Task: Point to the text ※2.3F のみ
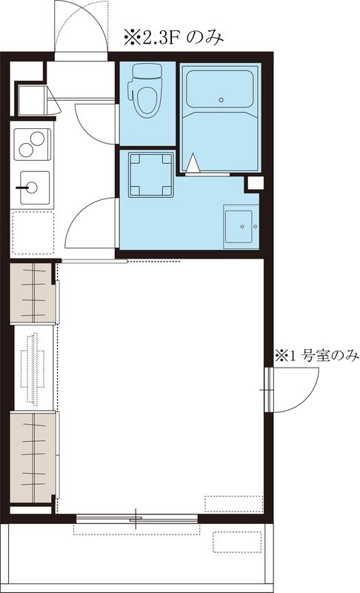pos(173,36)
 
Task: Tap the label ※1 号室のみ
pos(316,357)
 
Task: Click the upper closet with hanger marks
pos(33,293)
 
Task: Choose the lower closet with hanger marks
pos(33,458)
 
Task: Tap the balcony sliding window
pos(137,519)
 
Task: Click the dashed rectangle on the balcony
pos(236,541)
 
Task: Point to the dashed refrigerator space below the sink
pos(33,232)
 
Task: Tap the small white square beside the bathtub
pos(254,183)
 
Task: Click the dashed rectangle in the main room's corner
pos(233,503)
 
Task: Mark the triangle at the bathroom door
pos(193,162)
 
